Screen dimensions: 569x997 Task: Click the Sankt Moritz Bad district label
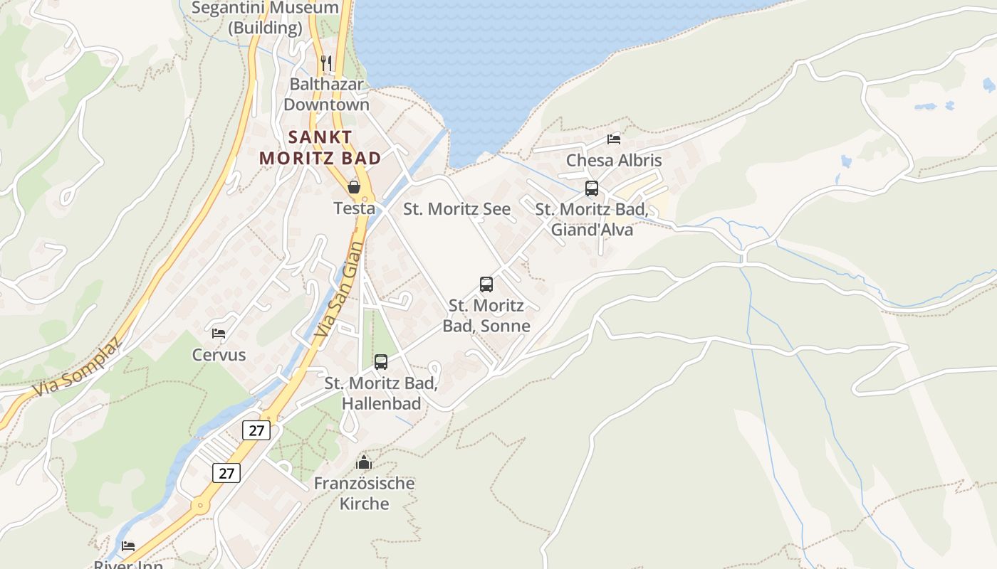[x=320, y=147]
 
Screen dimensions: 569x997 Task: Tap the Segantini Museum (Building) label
[x=266, y=18]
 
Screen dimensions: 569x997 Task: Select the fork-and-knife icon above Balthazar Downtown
[x=326, y=63]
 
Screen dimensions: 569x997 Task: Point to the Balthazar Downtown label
[x=326, y=94]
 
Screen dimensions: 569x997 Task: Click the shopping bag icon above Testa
[x=354, y=187]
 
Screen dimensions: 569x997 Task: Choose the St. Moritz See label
[x=456, y=209]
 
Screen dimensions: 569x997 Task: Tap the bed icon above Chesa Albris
[x=614, y=139]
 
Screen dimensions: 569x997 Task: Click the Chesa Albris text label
[x=614, y=161]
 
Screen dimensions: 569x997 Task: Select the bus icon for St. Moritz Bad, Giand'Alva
[x=592, y=188]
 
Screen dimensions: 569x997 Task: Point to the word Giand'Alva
[x=592, y=230]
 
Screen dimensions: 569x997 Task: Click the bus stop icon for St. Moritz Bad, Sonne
[x=486, y=284]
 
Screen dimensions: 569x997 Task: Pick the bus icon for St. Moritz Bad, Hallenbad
[x=381, y=362]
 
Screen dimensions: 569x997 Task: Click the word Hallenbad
[x=382, y=403]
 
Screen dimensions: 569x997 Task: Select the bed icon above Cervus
[x=219, y=333]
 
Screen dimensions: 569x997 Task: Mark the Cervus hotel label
[x=219, y=355]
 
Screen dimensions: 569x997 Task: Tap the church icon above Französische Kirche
[x=364, y=463]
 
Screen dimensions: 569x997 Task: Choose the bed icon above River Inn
[x=128, y=546]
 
